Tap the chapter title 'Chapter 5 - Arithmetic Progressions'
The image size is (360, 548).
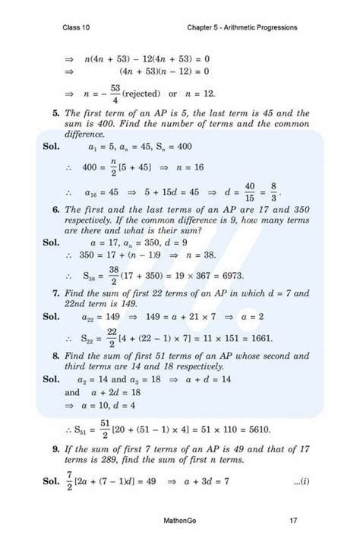[x=242, y=28]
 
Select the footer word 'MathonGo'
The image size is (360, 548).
[x=179, y=521]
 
